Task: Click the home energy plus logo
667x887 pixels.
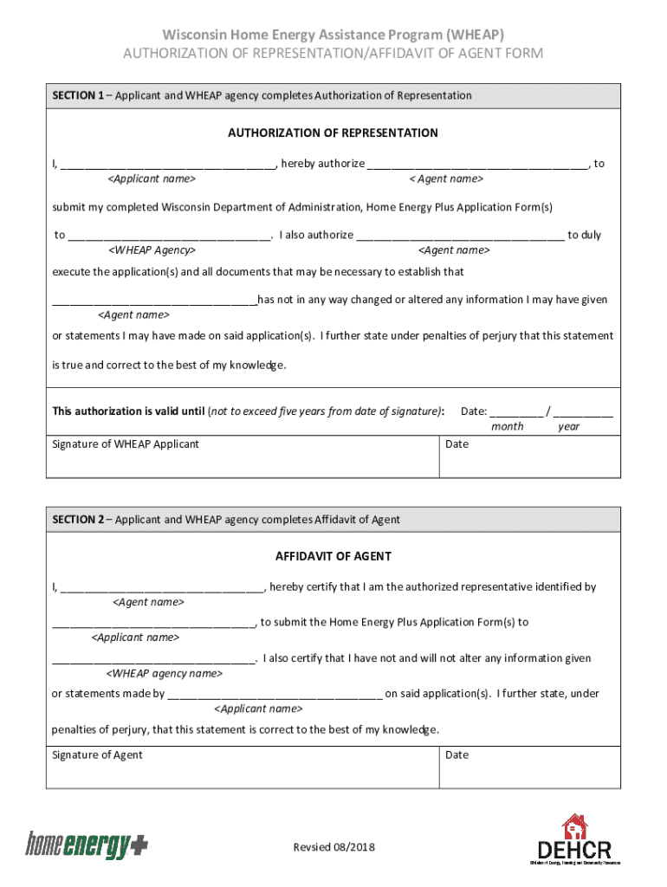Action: tap(86, 845)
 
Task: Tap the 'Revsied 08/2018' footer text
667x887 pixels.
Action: tap(333, 847)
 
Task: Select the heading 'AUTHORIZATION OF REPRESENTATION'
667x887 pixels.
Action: tap(333, 133)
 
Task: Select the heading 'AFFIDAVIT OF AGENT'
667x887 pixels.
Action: tap(333, 556)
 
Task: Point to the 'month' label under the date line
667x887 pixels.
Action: tap(507, 427)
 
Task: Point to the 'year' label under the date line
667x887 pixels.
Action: tap(569, 427)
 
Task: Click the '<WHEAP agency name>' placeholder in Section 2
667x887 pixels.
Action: tap(164, 673)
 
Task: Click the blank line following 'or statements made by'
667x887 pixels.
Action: tap(275, 695)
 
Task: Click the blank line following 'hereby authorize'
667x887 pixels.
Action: tap(477, 165)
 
